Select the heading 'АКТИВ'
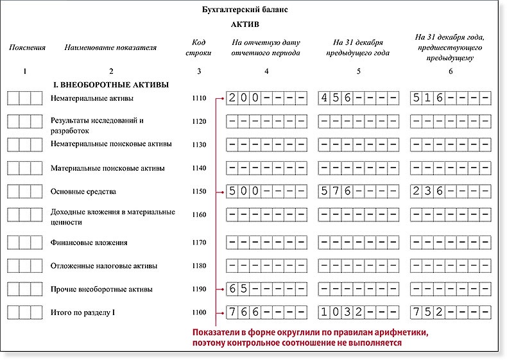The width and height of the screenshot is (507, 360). [244, 24]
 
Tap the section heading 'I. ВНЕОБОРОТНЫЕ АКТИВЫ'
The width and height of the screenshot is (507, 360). [110, 84]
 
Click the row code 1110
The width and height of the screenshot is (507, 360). [199, 99]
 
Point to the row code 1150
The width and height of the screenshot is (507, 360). [199, 191]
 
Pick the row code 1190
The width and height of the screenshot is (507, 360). [199, 289]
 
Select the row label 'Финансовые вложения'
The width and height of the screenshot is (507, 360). [89, 243]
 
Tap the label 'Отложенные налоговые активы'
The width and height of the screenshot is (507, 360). [103, 266]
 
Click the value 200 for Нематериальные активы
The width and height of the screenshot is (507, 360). [245, 98]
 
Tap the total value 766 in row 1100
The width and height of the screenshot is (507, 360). [245, 313]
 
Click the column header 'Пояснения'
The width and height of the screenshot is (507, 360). [24, 48]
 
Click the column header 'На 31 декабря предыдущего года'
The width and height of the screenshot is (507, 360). [358, 48]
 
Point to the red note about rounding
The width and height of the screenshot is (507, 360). [310, 338]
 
